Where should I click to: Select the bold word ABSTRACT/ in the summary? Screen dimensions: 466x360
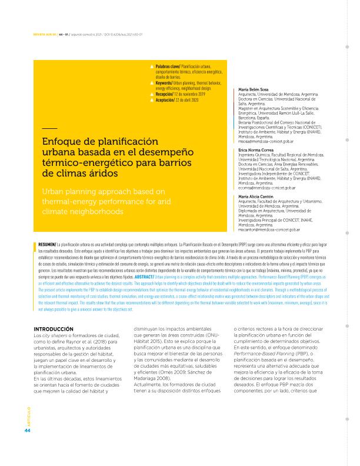pos(145,259)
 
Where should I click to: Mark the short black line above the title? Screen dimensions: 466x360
pos(49,128)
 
